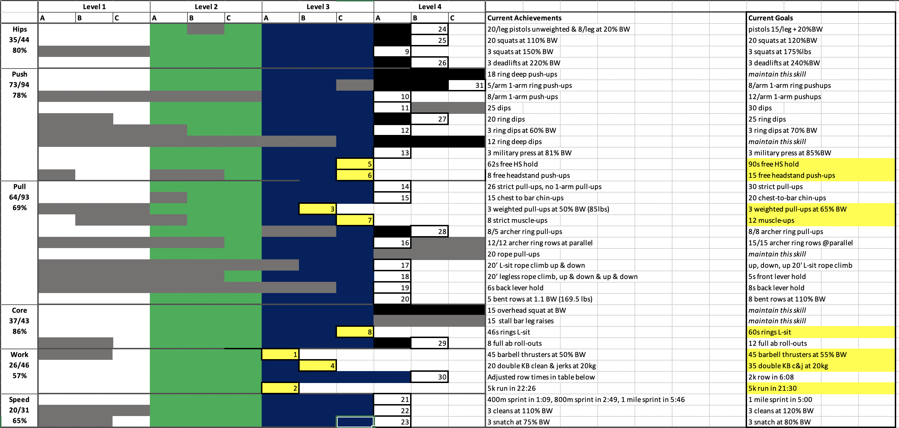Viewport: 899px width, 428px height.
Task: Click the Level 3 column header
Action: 318,7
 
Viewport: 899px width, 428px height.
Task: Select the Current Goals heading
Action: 770,18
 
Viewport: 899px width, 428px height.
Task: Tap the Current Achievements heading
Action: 524,18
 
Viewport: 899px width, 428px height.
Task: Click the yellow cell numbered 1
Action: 280,355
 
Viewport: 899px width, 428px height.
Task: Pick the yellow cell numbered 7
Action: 355,220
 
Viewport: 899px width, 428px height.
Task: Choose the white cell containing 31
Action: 467,85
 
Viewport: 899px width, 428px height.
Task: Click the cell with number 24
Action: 429,29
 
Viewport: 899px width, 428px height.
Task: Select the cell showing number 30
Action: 429,377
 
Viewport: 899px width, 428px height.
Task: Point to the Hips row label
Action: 19,29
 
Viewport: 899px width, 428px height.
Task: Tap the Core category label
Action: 19,310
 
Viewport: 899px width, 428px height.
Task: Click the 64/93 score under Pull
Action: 19,197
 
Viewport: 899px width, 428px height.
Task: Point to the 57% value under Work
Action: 19,376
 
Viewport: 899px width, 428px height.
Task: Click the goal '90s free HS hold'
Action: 773,164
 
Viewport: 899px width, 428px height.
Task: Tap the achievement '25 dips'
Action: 499,108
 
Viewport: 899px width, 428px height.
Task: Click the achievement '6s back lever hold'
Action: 515,288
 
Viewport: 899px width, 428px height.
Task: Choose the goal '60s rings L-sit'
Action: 770,332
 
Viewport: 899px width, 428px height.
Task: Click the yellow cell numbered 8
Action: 355,332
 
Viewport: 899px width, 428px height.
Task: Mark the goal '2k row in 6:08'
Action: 771,377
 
